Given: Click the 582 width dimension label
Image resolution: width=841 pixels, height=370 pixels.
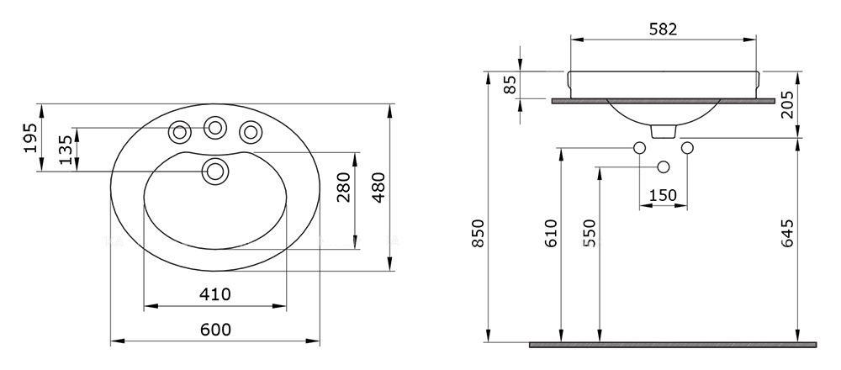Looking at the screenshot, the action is point(663,29).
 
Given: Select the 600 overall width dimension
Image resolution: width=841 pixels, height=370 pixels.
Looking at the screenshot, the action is point(215,330).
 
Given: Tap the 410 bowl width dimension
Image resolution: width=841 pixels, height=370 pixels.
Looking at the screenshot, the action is point(215,294).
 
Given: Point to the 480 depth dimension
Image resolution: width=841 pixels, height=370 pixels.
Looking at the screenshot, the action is point(378,188).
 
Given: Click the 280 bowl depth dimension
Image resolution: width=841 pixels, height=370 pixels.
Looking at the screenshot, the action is point(344,188).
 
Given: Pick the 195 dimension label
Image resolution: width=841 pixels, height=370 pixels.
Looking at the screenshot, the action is point(30,138).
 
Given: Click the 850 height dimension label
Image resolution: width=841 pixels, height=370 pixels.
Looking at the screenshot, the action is point(478,233).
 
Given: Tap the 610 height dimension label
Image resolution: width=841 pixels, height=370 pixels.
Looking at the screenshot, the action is point(550,233).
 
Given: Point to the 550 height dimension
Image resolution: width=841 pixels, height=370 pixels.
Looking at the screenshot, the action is point(589,233).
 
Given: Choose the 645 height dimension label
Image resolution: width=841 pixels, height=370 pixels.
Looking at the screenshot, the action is point(786,233).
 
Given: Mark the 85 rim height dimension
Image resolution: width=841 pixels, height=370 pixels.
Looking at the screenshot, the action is point(510,84).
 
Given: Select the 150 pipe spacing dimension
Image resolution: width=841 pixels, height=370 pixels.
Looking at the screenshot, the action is point(663,196).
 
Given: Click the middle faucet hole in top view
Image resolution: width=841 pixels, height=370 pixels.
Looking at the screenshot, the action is point(215,128).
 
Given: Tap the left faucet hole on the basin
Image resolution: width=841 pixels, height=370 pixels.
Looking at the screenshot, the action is point(180,132).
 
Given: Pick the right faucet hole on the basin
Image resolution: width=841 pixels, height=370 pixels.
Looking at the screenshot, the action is point(251,132).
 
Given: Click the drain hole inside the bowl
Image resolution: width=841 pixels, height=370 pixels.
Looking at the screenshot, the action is point(215,172).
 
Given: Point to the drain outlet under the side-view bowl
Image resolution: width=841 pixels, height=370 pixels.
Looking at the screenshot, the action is point(664,131).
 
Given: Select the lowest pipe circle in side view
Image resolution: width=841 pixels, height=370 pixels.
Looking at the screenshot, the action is point(664,166).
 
